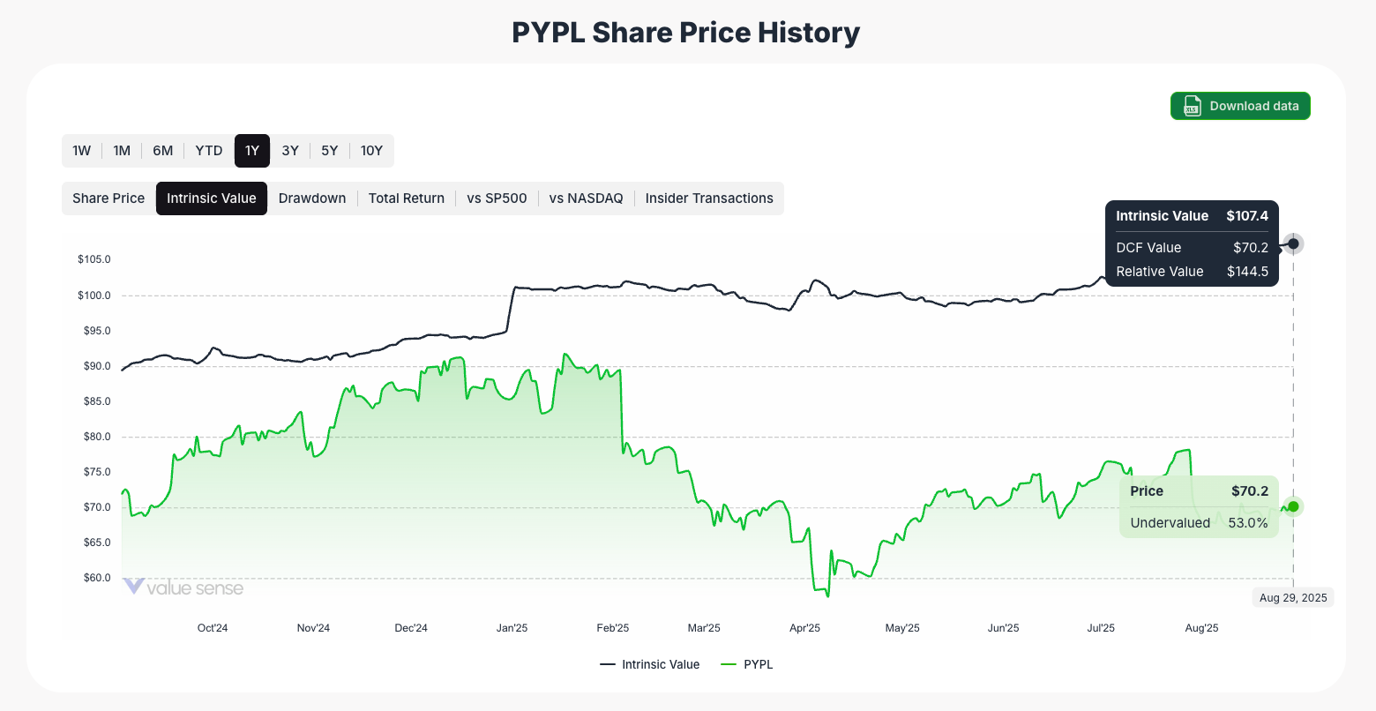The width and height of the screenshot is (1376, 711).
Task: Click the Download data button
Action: (x=1240, y=106)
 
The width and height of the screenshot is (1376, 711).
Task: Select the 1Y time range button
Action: (x=252, y=151)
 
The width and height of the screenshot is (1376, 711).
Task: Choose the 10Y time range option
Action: (x=371, y=151)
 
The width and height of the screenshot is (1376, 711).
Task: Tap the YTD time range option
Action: (x=209, y=151)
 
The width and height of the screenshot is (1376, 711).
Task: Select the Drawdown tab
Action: (x=312, y=198)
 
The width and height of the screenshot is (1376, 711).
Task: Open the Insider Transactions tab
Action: (x=709, y=198)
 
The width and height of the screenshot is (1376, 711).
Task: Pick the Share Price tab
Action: (x=108, y=198)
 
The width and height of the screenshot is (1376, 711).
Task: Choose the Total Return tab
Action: (x=407, y=198)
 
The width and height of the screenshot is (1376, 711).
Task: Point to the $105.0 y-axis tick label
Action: (x=94, y=259)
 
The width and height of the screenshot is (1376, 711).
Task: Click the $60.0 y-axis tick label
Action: (x=94, y=578)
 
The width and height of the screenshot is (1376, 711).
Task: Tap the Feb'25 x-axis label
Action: (x=613, y=628)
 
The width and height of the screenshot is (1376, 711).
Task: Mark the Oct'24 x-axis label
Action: (x=213, y=628)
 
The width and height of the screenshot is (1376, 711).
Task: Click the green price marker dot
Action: (x=1293, y=506)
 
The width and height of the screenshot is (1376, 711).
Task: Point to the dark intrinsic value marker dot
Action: (x=1293, y=243)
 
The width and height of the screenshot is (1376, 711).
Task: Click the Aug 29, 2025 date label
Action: (x=1293, y=598)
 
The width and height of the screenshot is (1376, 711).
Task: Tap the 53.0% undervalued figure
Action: (x=1248, y=523)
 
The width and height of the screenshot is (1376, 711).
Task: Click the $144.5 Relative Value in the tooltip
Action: (x=1247, y=272)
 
